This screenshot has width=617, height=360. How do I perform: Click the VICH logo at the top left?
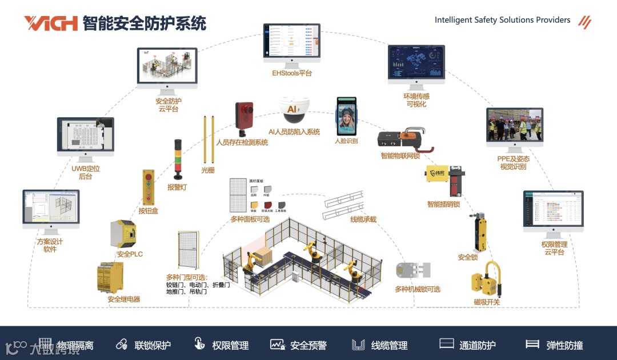(x=50, y=23)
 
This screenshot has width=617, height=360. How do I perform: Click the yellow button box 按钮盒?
(x=149, y=187)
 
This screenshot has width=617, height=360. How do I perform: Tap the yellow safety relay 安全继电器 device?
(x=111, y=278)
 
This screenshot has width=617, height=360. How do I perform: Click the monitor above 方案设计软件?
(x=51, y=209)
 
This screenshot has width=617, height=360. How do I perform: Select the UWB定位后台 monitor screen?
(x=85, y=135)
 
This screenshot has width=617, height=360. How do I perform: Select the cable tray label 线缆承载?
(x=363, y=219)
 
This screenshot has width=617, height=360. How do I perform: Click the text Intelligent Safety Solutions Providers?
(x=502, y=20)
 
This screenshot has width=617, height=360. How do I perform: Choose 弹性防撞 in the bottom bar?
(x=564, y=345)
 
